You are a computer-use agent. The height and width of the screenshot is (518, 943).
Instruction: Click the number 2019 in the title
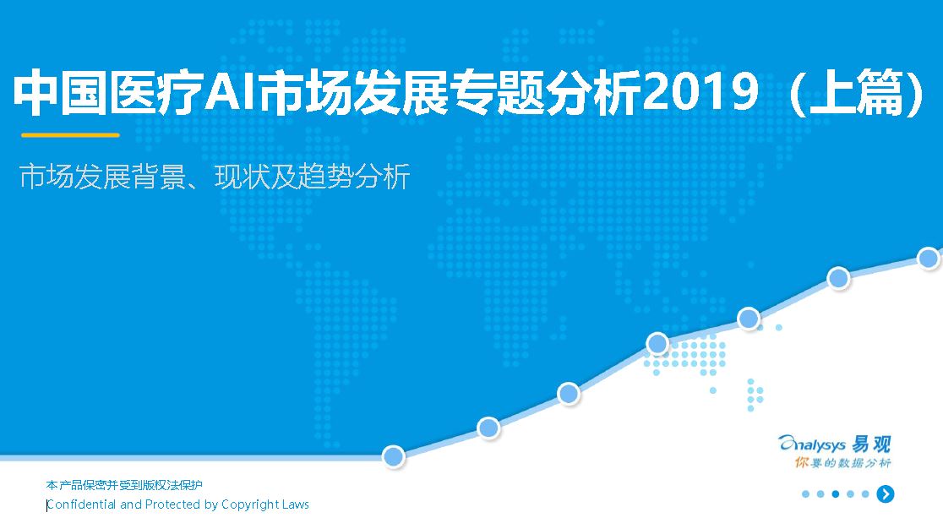pos(700,92)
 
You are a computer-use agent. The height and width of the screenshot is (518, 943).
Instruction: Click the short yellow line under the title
pos(70,134)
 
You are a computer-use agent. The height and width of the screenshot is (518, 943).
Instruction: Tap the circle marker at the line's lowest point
pos(393,456)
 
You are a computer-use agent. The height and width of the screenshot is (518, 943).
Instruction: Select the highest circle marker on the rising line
pos(929,258)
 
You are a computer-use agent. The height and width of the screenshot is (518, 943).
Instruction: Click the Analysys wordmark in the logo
pos(813,444)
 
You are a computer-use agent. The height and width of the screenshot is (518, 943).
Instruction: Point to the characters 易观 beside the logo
pos(871,444)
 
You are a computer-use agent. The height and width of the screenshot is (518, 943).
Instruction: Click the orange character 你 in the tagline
pos(802,462)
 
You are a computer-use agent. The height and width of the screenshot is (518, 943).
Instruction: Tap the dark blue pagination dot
pos(836,494)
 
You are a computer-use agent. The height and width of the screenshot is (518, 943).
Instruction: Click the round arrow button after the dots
pos(886,494)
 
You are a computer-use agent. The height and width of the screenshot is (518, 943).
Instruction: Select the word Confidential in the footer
pos(82,504)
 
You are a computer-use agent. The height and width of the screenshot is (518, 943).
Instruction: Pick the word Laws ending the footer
pos(295,504)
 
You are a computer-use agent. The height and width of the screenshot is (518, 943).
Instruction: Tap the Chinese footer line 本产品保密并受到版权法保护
pos(124,485)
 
